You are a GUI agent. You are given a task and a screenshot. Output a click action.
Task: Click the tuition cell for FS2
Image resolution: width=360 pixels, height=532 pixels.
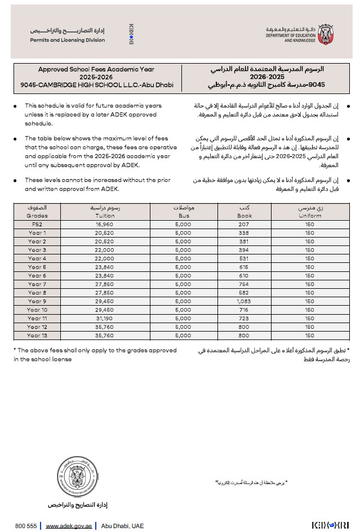tap(105, 224)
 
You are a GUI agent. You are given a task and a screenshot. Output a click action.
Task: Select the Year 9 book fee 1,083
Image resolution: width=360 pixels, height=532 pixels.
tap(245, 301)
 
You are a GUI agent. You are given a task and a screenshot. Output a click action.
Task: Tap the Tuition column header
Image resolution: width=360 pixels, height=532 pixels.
tap(105, 212)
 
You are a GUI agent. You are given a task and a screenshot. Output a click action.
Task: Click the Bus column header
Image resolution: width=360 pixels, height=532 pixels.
tap(184, 212)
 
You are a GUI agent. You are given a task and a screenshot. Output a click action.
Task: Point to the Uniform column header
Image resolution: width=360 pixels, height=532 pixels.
tap(310, 212)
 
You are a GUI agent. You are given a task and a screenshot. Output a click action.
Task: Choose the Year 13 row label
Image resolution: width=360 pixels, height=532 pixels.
tap(37, 336)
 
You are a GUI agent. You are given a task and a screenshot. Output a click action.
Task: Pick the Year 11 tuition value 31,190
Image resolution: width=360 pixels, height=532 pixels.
tap(105, 319)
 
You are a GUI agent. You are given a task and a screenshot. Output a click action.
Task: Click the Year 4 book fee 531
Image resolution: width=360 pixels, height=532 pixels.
tap(245, 258)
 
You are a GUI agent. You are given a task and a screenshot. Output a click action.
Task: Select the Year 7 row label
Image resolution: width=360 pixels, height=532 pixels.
tap(37, 284)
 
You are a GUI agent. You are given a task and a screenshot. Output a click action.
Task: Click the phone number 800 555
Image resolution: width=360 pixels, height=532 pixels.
tap(26, 526)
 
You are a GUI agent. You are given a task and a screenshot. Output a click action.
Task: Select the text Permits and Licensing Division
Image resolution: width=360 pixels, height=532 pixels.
tap(67, 41)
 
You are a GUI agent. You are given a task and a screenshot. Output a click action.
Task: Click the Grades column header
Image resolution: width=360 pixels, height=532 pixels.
tap(37, 212)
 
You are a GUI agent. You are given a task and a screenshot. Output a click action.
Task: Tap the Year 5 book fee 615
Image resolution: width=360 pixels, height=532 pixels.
tap(245, 267)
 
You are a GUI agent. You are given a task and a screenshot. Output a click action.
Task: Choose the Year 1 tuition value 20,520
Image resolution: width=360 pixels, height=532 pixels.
tap(105, 233)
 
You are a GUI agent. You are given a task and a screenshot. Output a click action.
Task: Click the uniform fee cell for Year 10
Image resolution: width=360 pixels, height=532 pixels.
tap(310, 310)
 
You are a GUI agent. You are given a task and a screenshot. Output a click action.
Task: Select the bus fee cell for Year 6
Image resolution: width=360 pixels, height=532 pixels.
tap(184, 276)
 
